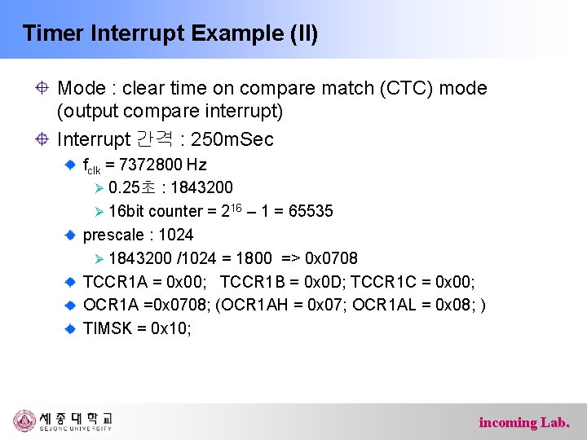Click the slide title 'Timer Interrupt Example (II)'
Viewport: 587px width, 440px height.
click(170, 33)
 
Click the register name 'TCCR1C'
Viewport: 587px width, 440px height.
click(408, 282)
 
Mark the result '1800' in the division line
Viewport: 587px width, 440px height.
click(254, 259)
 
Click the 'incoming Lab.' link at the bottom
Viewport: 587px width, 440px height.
click(524, 422)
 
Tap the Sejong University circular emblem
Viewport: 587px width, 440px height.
click(24, 420)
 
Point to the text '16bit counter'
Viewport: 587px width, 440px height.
click(155, 212)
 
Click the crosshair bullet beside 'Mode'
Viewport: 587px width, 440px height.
click(42, 88)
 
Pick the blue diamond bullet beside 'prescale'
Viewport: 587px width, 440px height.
click(71, 235)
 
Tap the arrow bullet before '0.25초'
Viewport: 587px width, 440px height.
click(99, 189)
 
